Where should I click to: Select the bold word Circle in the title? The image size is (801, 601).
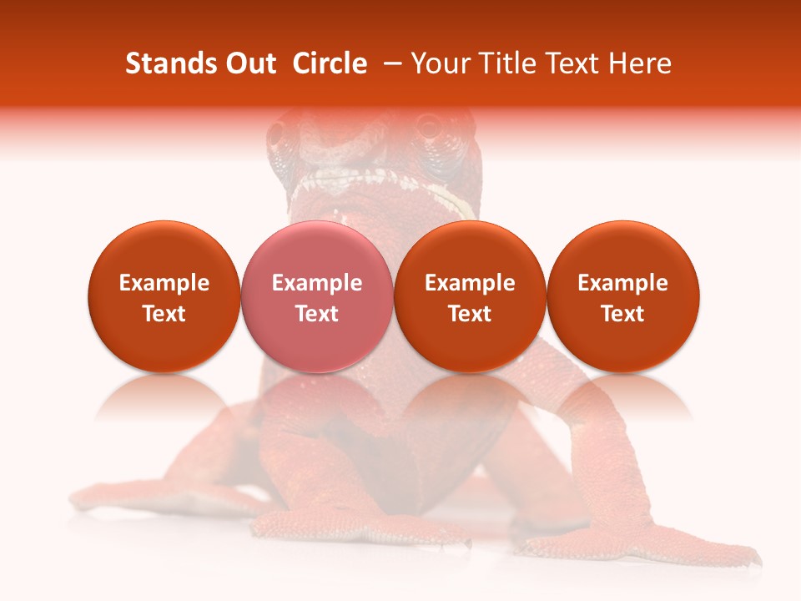tap(330, 63)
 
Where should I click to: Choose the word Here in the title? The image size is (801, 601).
tap(641, 63)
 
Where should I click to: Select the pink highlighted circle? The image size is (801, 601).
tap(316, 297)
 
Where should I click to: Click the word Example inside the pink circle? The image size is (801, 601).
tap(317, 283)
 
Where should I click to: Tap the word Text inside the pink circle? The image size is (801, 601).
tap(317, 314)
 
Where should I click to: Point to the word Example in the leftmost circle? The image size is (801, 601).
tap(164, 283)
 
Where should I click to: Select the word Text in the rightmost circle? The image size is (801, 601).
tap(622, 314)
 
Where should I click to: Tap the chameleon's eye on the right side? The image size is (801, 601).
tap(431, 128)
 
